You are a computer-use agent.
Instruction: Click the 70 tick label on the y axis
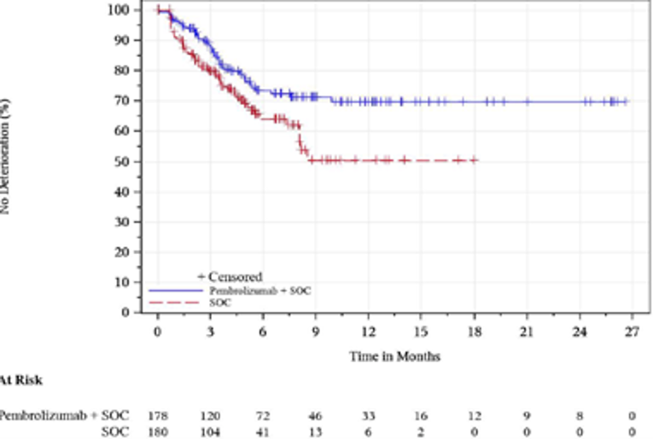coord(123,101)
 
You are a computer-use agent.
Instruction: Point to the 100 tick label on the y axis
coord(120,10)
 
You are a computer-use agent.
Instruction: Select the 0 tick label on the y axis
coord(126,312)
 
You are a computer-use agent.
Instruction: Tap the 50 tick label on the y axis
coord(123,161)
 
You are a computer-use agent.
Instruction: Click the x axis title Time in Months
coord(394,356)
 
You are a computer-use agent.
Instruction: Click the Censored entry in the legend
coord(230,276)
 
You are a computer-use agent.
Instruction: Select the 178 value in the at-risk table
coord(157,416)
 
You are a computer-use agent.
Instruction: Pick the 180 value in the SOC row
coord(157,432)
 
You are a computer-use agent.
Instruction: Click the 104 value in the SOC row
coord(210,432)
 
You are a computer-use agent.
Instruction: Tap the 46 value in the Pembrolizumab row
coord(316,416)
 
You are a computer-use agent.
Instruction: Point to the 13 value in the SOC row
coord(316,432)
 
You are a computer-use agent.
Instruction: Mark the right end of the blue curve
coord(627,101)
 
